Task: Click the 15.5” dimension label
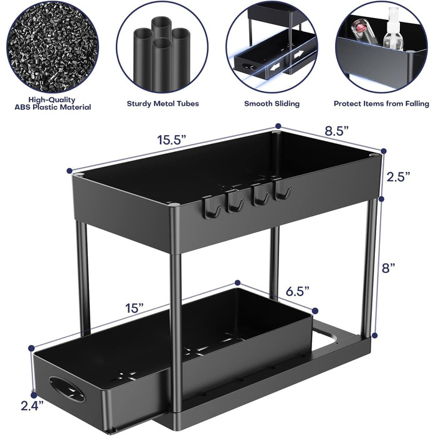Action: point(171,140)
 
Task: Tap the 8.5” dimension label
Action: point(336,131)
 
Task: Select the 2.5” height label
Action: point(399,177)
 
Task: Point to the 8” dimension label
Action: point(389,268)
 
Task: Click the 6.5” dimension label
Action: point(298,291)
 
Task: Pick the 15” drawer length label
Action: point(134,308)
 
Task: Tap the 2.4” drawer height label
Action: point(32,405)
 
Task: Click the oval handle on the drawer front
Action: point(67,389)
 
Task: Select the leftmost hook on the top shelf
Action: point(211,207)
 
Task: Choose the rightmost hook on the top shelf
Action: point(282,190)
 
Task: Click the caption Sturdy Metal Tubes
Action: point(163,104)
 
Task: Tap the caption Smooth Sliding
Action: point(272,104)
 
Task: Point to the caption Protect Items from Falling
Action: point(381,104)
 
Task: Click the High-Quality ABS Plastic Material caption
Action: point(53,103)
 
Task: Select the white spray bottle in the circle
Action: point(393,29)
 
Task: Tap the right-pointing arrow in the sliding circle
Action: point(298,55)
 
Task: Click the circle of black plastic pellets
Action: point(52,47)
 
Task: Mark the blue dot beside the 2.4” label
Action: point(34,395)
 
